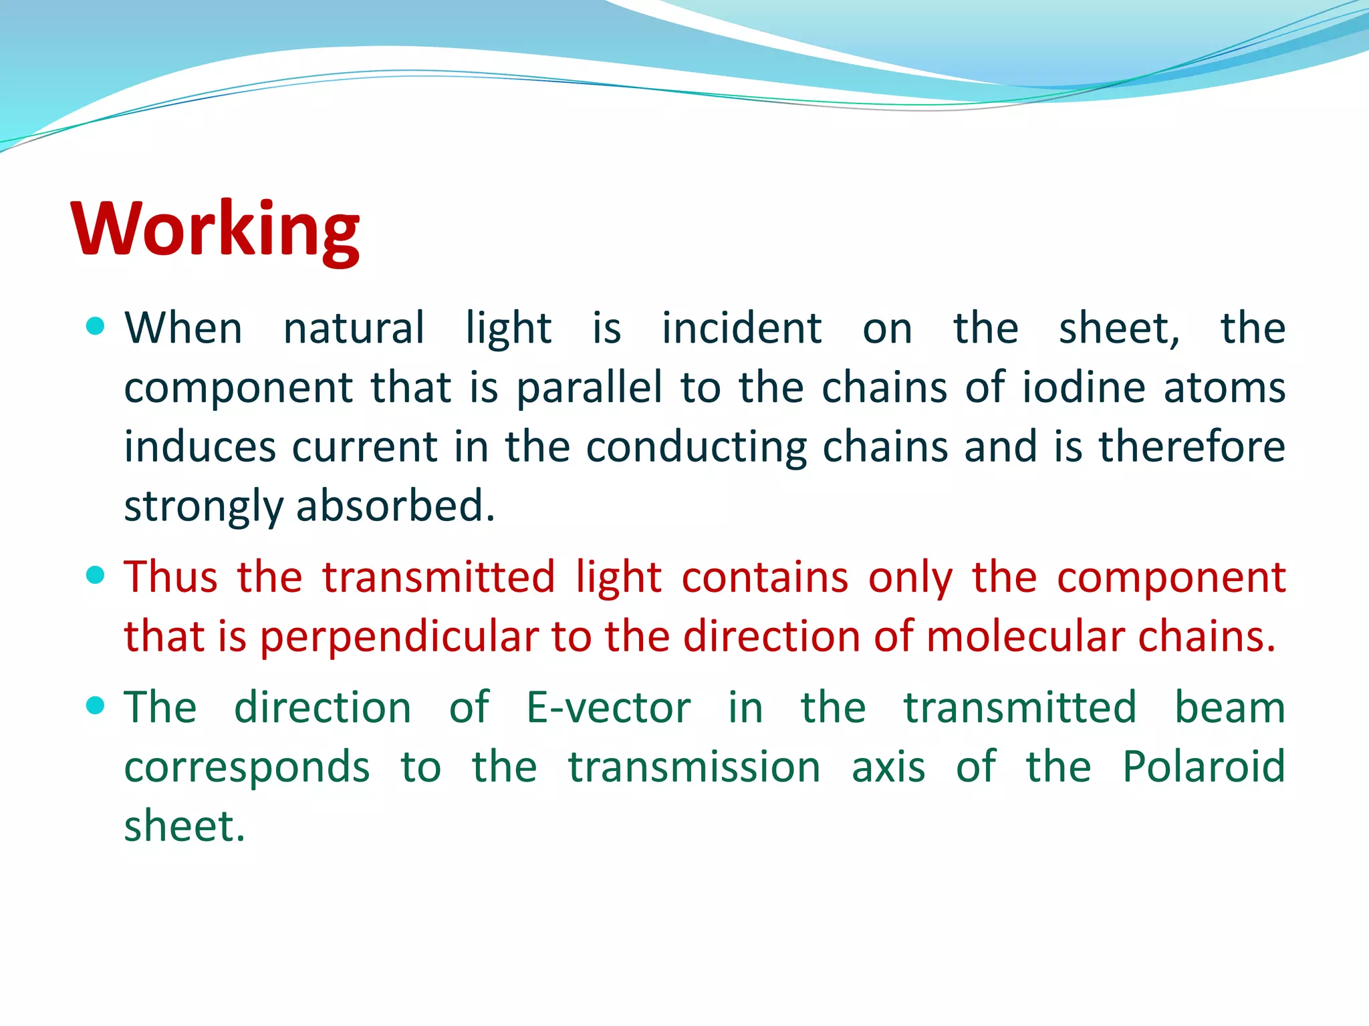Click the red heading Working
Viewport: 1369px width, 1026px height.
(x=215, y=229)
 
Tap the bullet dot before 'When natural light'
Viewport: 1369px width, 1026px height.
(x=96, y=326)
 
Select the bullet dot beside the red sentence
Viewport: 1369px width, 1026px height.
(x=96, y=575)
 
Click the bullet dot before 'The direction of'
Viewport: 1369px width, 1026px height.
(x=96, y=705)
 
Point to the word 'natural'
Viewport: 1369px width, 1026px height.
(x=354, y=329)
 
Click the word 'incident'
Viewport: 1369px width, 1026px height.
(x=741, y=329)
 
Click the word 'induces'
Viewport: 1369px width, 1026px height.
(x=200, y=447)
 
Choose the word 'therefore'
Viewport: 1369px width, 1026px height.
(x=1192, y=447)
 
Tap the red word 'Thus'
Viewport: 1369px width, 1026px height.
(x=171, y=576)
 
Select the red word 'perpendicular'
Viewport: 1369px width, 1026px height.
(x=399, y=637)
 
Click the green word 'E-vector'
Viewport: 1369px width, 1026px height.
(x=608, y=707)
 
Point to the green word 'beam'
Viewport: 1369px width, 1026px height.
(x=1230, y=707)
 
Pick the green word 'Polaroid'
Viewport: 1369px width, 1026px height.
(x=1203, y=766)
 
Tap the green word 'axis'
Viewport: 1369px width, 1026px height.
(x=888, y=767)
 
